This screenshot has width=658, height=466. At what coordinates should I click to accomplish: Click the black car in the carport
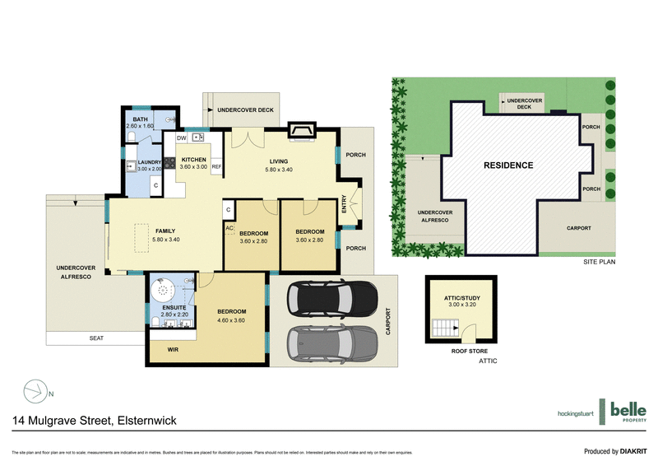(336, 301)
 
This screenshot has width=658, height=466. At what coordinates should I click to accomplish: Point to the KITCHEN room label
(193, 159)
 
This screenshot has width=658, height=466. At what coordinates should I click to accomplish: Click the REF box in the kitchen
(216, 166)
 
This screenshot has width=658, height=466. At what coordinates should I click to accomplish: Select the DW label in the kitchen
(181, 137)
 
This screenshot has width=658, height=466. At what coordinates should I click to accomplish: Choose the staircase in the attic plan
(444, 332)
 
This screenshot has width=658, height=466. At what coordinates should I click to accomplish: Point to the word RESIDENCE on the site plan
(507, 165)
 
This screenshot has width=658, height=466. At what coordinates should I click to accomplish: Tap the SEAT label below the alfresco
(97, 338)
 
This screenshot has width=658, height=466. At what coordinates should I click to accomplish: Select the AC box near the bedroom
(229, 227)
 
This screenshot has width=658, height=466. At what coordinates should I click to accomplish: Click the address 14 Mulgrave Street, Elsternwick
(94, 421)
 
